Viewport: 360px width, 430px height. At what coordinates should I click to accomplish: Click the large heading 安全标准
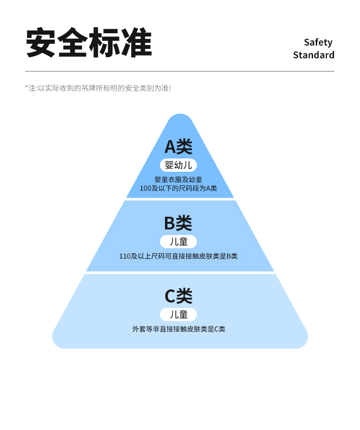click(89, 43)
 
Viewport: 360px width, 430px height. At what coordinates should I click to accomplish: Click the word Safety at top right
click(318, 42)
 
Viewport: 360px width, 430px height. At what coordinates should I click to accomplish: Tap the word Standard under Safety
click(314, 55)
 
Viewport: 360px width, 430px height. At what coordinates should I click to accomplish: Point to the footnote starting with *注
click(98, 88)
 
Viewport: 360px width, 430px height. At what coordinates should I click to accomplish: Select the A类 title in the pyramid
click(179, 147)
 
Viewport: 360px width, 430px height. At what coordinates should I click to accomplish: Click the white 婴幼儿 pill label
click(178, 165)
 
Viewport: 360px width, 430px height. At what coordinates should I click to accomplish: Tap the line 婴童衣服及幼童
click(178, 179)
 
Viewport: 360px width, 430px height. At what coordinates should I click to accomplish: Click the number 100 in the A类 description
click(145, 188)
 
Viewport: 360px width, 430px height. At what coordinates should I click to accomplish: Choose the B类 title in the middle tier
click(178, 223)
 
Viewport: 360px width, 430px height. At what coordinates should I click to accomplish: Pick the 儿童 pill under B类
click(178, 241)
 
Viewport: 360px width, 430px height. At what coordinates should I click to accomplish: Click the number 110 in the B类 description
click(125, 256)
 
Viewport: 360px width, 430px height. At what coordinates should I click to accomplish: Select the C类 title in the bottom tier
click(178, 296)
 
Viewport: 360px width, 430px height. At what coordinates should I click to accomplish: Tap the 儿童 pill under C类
click(178, 314)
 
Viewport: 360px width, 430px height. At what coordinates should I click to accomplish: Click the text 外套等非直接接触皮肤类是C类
click(179, 329)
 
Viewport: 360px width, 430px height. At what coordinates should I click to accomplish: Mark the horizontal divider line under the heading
click(180, 72)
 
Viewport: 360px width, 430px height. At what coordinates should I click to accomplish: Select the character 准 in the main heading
click(136, 43)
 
